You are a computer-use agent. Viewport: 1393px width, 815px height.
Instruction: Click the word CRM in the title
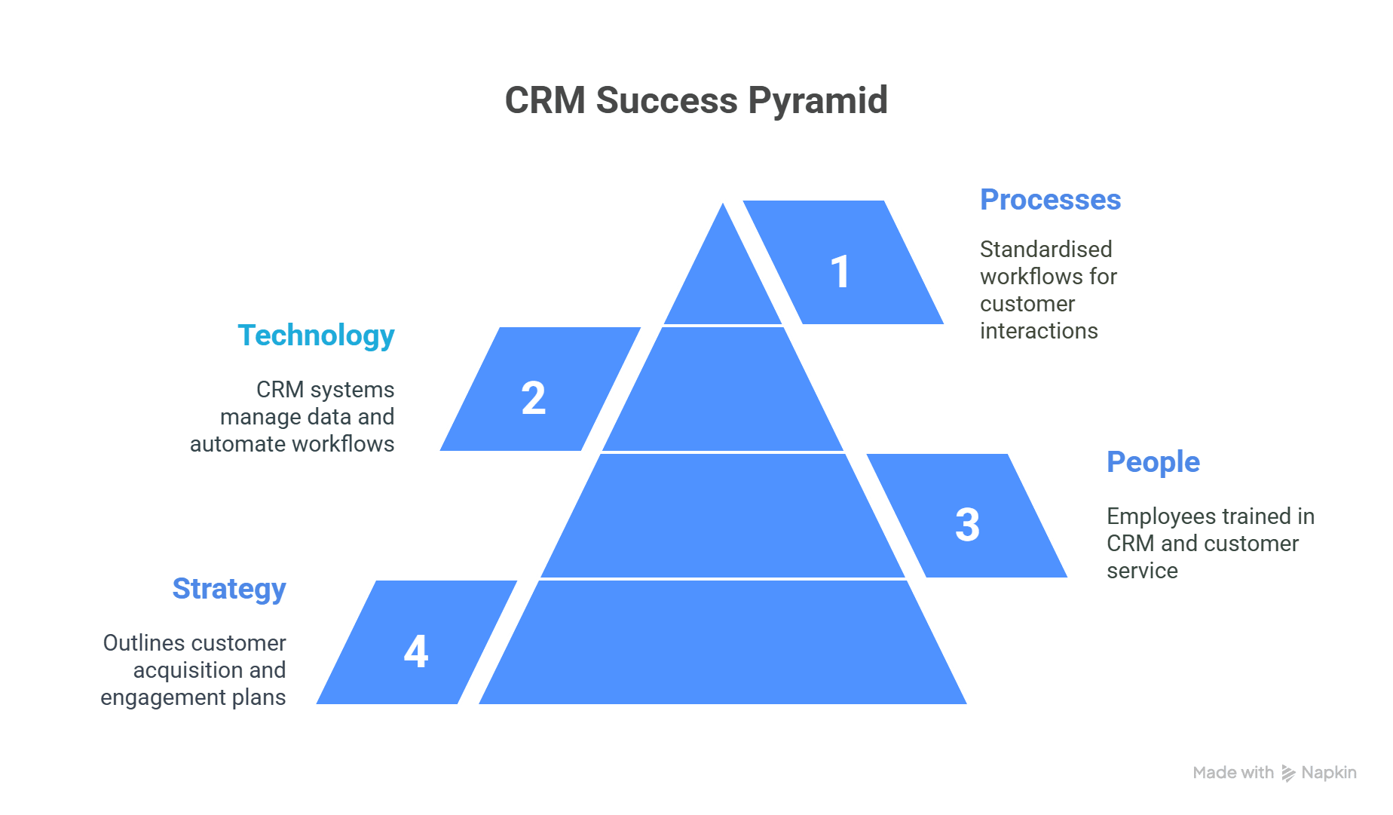(545, 100)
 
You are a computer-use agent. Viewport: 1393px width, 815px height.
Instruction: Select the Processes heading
(1050, 200)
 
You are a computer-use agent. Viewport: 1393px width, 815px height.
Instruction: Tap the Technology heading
(316, 336)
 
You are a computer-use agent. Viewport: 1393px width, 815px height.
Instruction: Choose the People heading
(1153, 462)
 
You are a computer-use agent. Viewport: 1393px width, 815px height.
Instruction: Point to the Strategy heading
(229, 590)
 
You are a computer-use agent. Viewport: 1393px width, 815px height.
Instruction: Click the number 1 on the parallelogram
(840, 271)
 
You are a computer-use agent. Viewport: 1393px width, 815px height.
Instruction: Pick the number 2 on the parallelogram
(534, 398)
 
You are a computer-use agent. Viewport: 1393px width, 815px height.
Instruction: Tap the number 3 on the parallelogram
(967, 525)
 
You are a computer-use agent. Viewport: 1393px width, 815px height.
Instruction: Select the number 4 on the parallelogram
(416, 651)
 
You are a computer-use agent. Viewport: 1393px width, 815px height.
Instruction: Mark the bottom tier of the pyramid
(723, 642)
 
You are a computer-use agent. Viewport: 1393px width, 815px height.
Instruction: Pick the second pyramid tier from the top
(723, 389)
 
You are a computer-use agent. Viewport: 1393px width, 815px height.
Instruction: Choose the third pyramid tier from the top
(723, 516)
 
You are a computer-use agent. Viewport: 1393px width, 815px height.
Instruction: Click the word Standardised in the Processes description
(1046, 250)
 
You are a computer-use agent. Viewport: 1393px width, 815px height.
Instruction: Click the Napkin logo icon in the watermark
(1288, 774)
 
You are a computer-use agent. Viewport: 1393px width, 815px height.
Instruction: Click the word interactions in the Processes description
(1039, 331)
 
